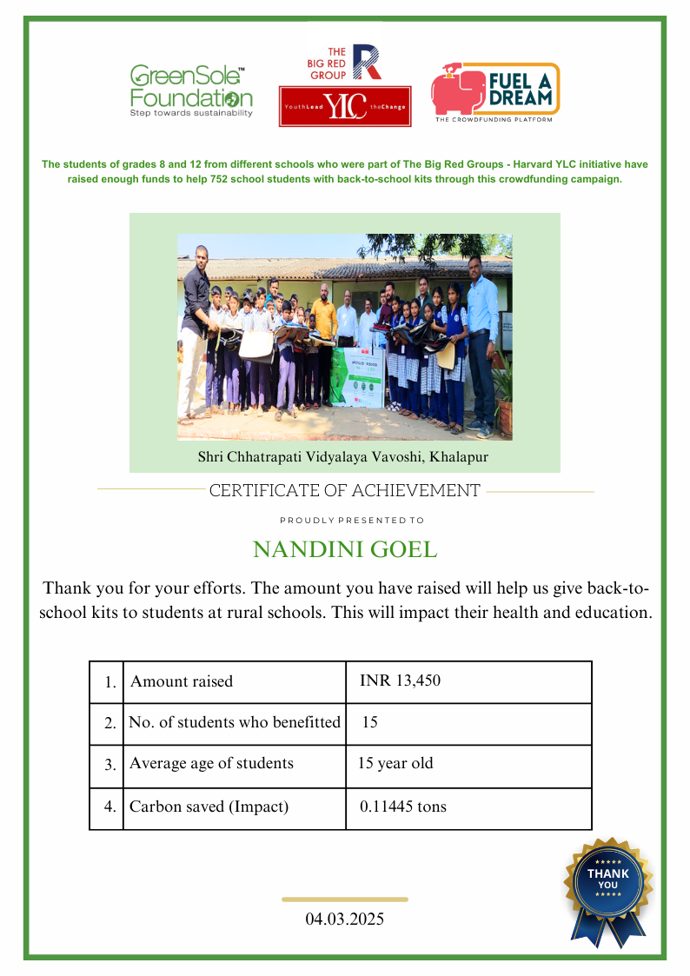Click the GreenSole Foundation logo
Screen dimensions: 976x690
pos(191,90)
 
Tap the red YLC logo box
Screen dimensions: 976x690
pos(344,107)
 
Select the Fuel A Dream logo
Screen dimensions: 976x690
pos(495,92)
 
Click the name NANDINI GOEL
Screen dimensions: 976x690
pos(345,550)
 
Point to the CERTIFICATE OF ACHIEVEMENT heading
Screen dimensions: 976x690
pos(345,491)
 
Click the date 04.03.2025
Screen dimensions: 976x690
pos(345,919)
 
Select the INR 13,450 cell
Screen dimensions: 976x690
pos(400,681)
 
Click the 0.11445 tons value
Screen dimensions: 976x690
pos(403,807)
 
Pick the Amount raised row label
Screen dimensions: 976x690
pos(182,681)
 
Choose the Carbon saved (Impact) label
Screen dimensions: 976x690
pos(209,807)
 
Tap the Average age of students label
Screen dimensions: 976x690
pos(211,764)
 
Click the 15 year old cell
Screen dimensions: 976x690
pos(395,764)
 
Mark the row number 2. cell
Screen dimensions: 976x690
pos(109,723)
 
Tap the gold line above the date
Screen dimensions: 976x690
pos(345,900)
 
